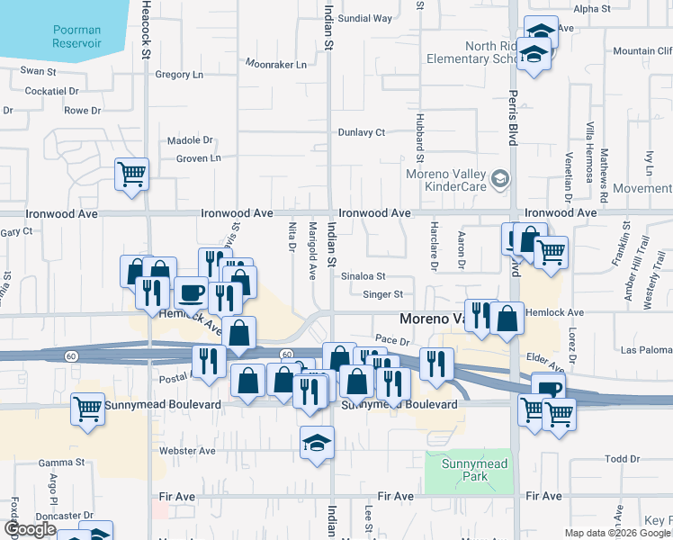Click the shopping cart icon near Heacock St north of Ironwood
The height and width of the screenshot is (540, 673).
[131, 174]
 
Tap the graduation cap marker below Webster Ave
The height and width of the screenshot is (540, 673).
[317, 443]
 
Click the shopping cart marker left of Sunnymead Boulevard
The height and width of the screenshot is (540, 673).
[87, 410]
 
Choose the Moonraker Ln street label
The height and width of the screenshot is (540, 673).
[276, 65]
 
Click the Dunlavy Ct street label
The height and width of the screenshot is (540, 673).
[362, 132]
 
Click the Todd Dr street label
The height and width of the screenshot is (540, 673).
[622, 459]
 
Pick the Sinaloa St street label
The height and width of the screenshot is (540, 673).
[363, 277]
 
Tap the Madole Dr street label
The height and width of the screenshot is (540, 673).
[191, 140]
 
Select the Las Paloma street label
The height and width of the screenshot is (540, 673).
[647, 349]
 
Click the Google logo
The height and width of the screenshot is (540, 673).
[30, 529]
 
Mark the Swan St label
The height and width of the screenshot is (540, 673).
[39, 70]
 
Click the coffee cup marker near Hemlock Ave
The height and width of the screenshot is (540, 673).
[190, 292]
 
